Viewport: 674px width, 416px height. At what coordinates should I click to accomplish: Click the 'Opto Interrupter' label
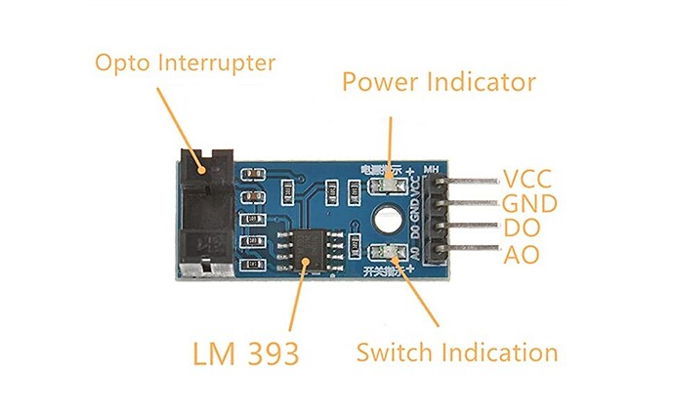pos(185,64)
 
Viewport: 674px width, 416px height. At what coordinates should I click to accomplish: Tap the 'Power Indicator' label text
pos(439,81)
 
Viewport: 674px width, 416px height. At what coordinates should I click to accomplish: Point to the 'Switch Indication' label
pos(457,352)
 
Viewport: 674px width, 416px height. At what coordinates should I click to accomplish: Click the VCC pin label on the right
pos(527,179)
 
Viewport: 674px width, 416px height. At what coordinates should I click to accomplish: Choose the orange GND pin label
pos(529,204)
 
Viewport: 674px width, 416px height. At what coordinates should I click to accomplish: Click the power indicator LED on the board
pos(391,181)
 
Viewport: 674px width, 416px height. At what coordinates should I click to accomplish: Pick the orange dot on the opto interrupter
pos(202,168)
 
